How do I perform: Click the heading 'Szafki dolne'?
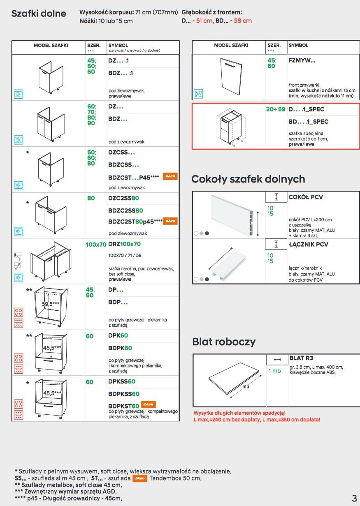[39, 14]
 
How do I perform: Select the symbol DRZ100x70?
[124, 244]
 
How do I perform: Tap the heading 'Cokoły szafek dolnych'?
[248, 179]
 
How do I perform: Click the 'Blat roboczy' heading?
[224, 342]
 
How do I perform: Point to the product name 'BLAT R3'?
[301, 358]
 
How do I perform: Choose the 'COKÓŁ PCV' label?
[306, 197]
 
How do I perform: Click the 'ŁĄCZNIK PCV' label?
[309, 244]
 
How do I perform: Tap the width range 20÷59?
[276, 110]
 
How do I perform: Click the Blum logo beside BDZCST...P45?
[170, 176]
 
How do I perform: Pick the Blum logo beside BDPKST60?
[148, 405]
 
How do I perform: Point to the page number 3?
[354, 498]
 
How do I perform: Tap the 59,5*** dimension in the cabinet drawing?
[51, 304]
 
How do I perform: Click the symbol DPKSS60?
[121, 382]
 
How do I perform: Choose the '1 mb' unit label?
[274, 371]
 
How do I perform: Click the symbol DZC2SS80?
[125, 198]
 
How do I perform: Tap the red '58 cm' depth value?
[243, 21]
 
